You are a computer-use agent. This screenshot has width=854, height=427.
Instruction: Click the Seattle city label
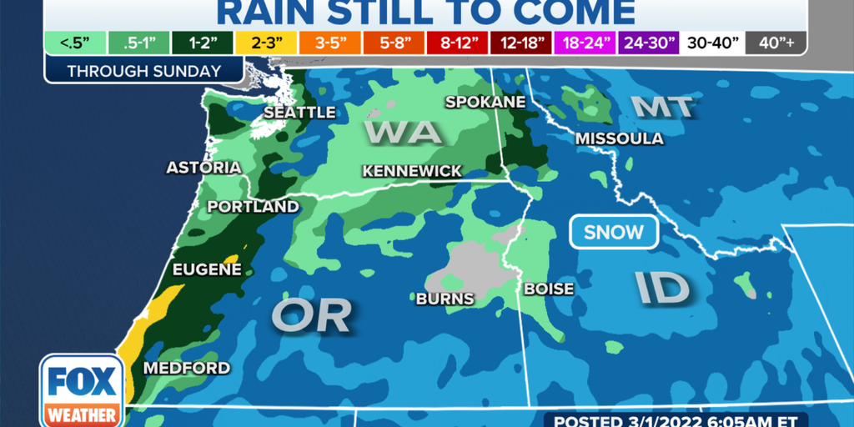[x=299, y=112]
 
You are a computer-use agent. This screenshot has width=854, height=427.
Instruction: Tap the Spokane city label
[x=485, y=102]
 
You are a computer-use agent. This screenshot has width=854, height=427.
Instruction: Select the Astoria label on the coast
[x=203, y=168]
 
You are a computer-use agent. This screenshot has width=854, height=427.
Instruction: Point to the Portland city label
[x=253, y=206]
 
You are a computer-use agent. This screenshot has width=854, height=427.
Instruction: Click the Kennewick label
[x=412, y=171]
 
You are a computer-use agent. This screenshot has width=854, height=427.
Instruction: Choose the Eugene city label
[x=207, y=269]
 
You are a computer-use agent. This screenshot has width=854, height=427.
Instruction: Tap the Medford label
[x=187, y=368]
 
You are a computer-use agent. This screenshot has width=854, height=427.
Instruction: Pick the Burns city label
[x=445, y=299]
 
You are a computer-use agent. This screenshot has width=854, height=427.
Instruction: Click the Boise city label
[x=549, y=289]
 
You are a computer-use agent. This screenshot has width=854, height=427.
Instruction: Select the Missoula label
[x=620, y=138]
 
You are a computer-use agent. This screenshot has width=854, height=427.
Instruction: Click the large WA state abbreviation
[x=402, y=132]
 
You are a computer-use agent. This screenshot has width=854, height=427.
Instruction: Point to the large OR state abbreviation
[x=311, y=314]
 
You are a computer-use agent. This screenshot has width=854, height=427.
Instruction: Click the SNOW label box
[x=614, y=233]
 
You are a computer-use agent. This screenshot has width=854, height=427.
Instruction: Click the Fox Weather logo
[x=82, y=389]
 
